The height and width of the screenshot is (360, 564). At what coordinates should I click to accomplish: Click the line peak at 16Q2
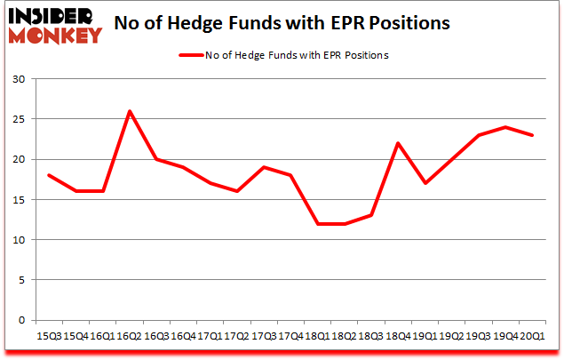131,111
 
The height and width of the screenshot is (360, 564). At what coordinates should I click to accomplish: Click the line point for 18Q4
400,143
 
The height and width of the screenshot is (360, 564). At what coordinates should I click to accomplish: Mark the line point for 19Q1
425,183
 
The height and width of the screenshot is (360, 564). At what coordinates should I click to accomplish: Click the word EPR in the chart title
369,22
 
